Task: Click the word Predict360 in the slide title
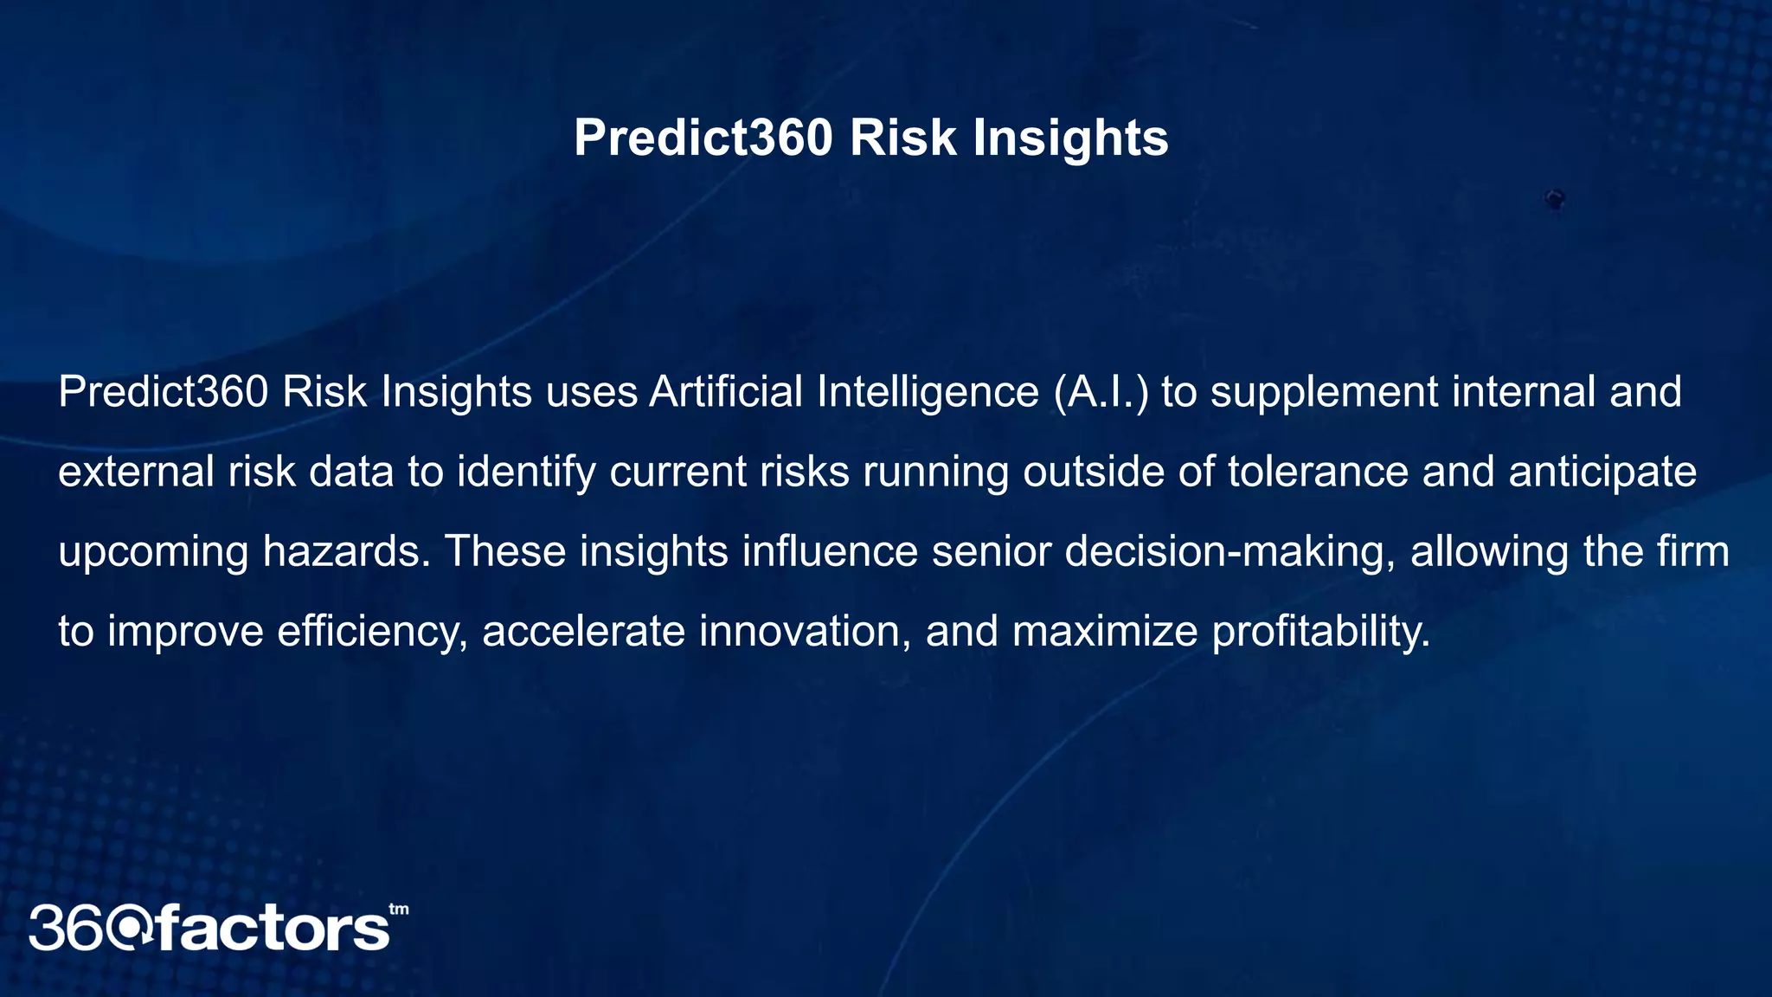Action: point(703,138)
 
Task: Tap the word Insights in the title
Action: point(1070,138)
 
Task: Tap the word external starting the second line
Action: point(136,473)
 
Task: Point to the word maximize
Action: point(1104,632)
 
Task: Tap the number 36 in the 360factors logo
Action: point(69,929)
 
